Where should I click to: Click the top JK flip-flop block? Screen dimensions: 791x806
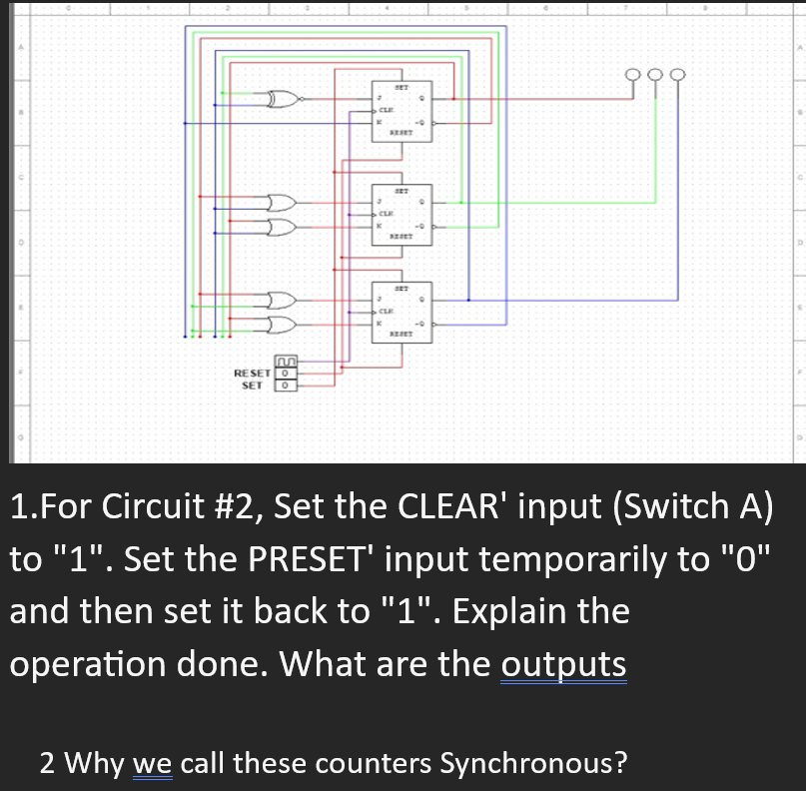pos(401,111)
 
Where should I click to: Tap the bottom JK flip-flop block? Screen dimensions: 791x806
pos(401,311)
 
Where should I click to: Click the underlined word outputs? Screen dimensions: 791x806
pos(563,664)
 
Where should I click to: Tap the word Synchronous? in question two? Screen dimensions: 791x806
pos(534,764)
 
